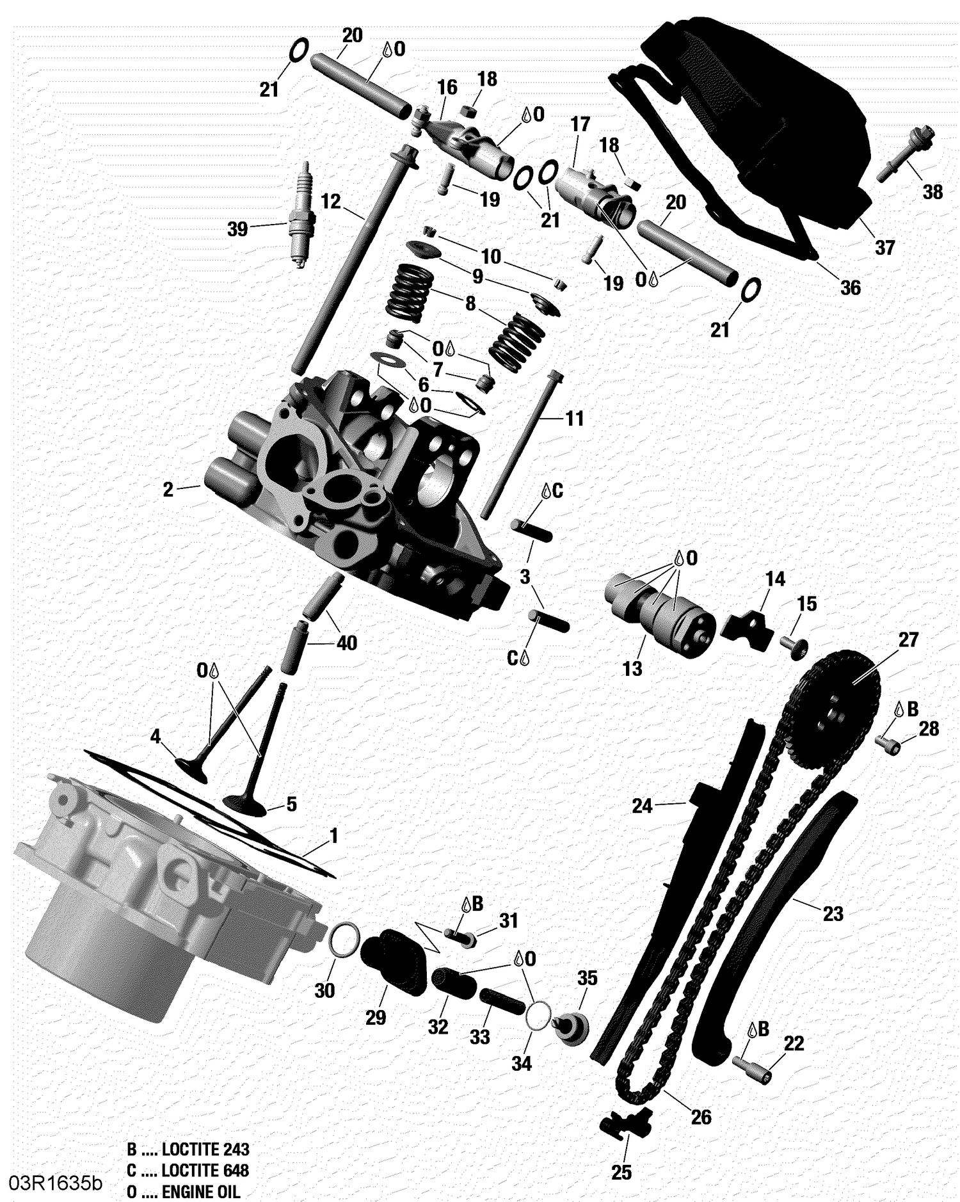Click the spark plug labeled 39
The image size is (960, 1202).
[x=298, y=214]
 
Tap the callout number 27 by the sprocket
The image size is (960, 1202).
[x=908, y=639]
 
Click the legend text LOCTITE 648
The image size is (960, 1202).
[x=204, y=1171]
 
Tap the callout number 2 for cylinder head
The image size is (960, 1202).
[x=168, y=490]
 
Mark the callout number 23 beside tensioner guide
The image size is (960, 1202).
[x=833, y=913]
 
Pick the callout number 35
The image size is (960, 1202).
[x=587, y=977]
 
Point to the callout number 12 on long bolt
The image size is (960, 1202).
[x=330, y=202]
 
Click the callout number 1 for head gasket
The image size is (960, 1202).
[x=333, y=835]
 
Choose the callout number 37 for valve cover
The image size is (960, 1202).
[x=884, y=247]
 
